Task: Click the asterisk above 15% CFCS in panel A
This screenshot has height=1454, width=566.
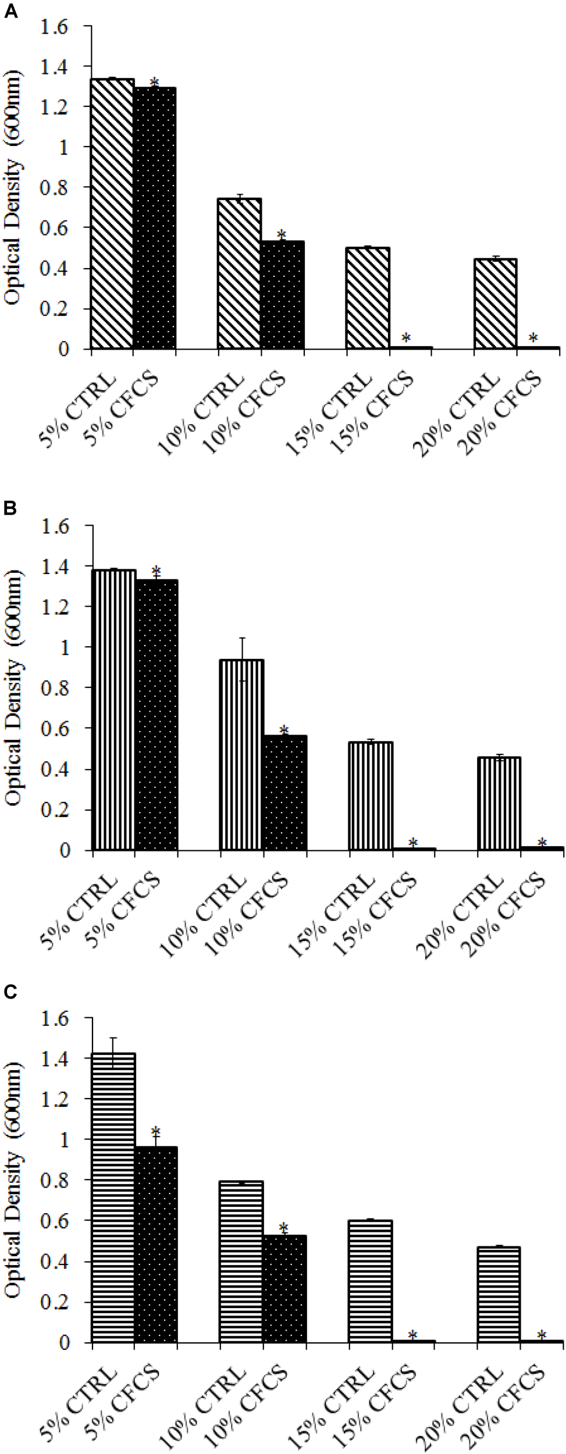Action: point(406,337)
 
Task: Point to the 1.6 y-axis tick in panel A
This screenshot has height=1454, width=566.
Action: point(55,27)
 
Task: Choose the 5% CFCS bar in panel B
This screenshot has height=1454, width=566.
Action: point(156,715)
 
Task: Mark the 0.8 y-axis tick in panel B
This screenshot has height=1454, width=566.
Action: point(55,687)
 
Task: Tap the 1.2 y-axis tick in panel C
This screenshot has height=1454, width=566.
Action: point(55,1099)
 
